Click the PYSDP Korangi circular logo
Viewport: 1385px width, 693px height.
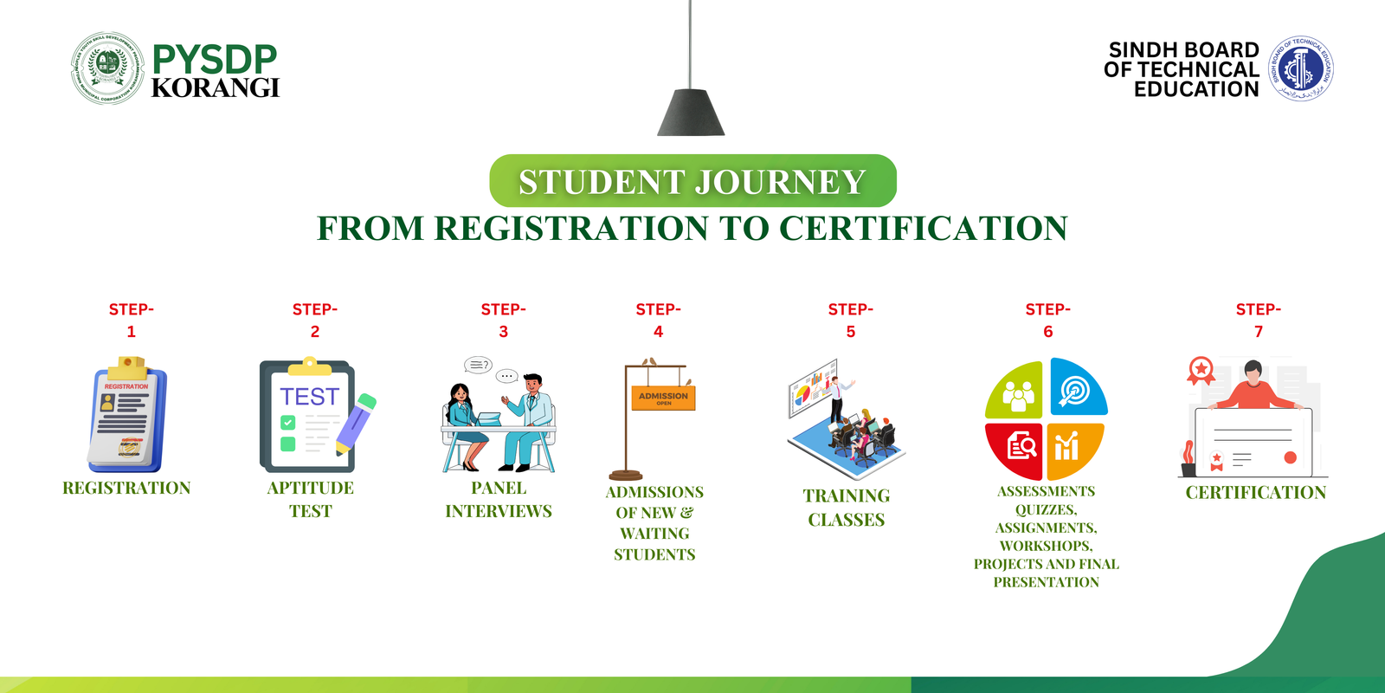click(x=107, y=68)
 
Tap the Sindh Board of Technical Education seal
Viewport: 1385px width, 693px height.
click(x=1300, y=68)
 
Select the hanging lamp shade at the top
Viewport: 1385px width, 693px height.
click(x=691, y=113)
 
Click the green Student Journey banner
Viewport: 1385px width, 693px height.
click(x=692, y=181)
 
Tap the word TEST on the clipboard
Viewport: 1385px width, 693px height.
click(x=309, y=397)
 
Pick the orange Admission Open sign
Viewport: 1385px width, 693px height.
click(x=663, y=398)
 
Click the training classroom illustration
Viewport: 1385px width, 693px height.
click(x=845, y=418)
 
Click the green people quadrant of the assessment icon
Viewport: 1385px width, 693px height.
click(x=1016, y=392)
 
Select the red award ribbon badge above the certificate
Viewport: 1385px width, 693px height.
click(x=1201, y=370)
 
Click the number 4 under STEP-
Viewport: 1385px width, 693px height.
click(x=658, y=332)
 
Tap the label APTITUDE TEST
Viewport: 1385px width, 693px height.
click(x=310, y=499)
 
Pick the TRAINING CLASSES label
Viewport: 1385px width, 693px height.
click(x=846, y=508)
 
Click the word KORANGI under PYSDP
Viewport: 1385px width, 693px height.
click(x=215, y=88)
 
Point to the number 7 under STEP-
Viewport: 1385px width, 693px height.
click(x=1259, y=332)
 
